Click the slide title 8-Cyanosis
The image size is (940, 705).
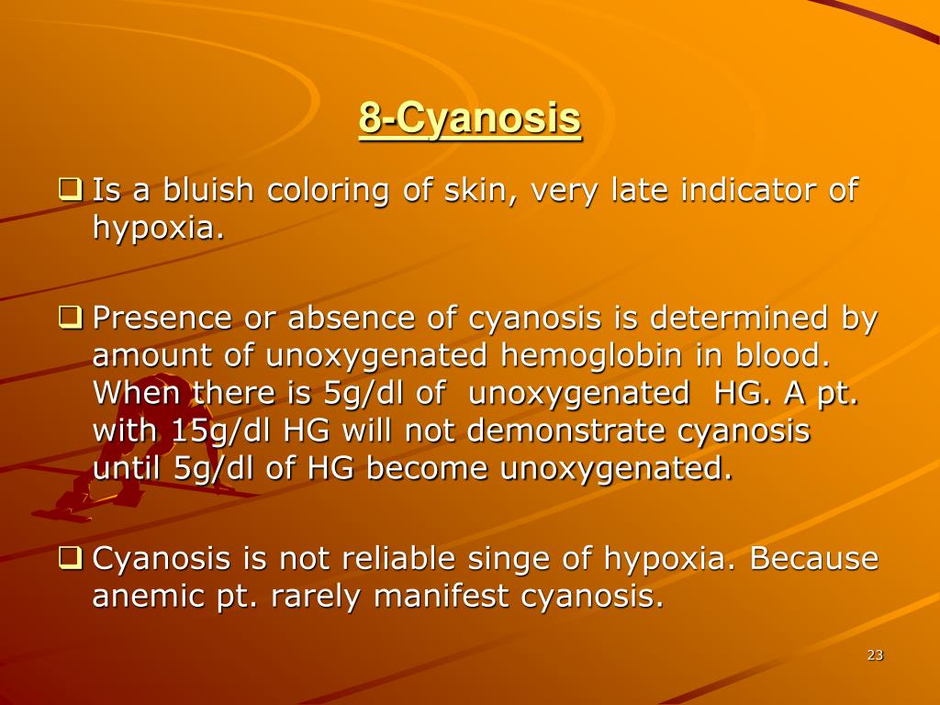tap(470, 118)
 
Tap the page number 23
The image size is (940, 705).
tap(875, 655)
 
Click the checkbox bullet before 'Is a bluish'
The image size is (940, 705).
tap(70, 189)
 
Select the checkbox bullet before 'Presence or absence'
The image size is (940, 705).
tap(70, 317)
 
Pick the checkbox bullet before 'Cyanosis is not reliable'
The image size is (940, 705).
tap(70, 557)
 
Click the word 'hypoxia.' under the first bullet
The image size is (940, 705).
tap(158, 229)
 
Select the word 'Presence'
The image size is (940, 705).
tap(162, 318)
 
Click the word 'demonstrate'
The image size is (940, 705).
tap(565, 431)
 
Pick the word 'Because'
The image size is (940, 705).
tap(813, 558)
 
